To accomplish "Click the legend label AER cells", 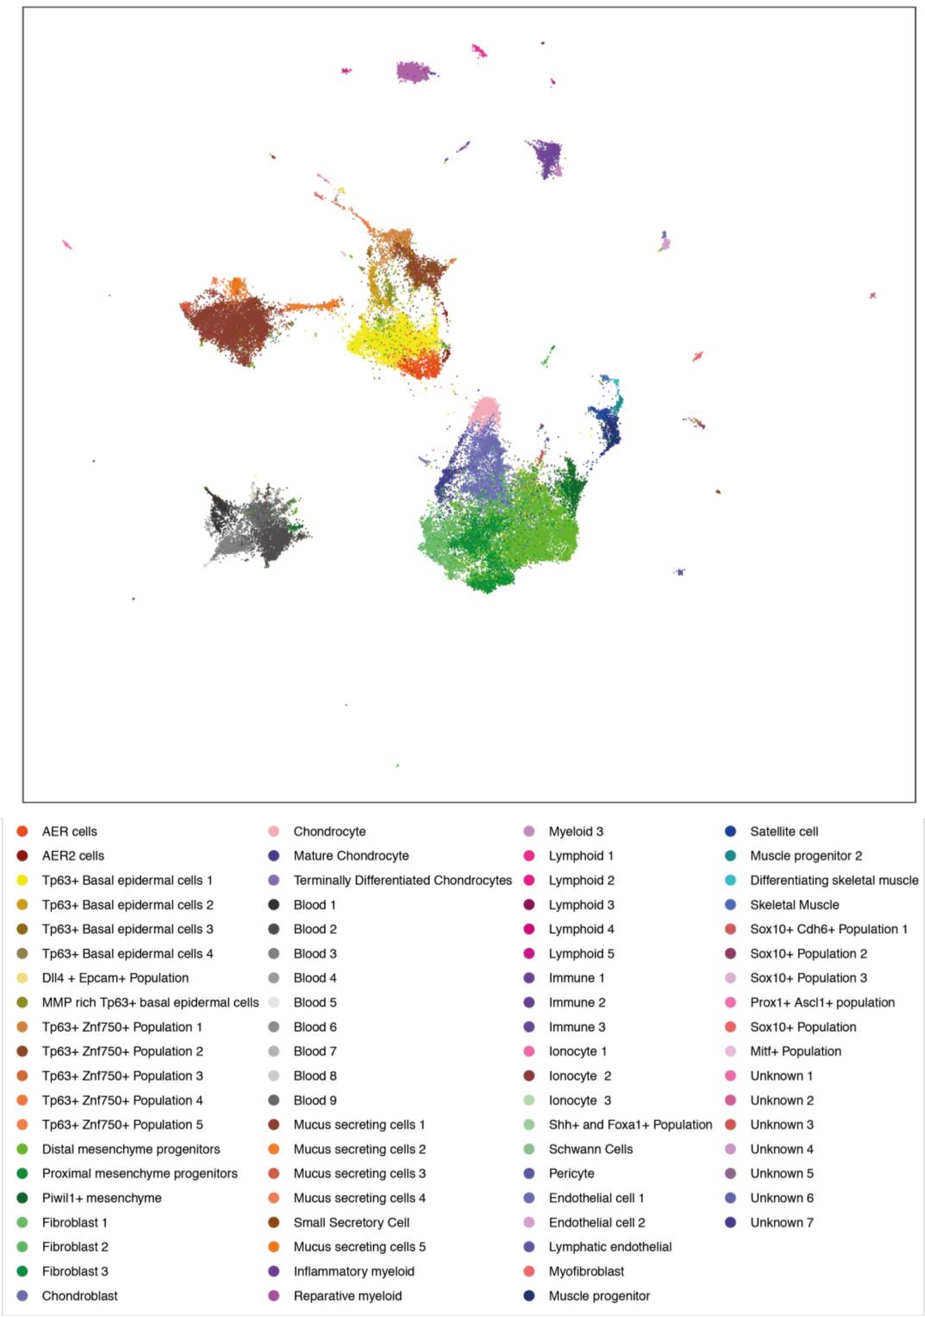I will [x=70, y=831].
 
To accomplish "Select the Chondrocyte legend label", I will [x=329, y=831].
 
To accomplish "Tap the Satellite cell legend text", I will [x=784, y=831].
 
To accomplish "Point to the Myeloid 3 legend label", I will [x=575, y=831].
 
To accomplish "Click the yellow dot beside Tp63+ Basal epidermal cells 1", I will [x=22, y=880].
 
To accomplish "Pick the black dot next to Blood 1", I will [x=273, y=904].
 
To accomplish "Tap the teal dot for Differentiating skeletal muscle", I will [x=730, y=880].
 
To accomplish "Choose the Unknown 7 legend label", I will [x=781, y=1222].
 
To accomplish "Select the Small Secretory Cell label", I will [x=351, y=1222].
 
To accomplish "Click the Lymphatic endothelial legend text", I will [x=609, y=1246].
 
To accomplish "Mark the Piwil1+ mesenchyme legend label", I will [x=102, y=1197].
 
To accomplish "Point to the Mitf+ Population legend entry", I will [x=795, y=1051].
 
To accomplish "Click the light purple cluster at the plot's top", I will [x=414, y=72].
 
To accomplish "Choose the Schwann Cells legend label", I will [x=590, y=1149].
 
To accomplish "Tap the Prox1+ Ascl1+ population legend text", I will [x=822, y=1002].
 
